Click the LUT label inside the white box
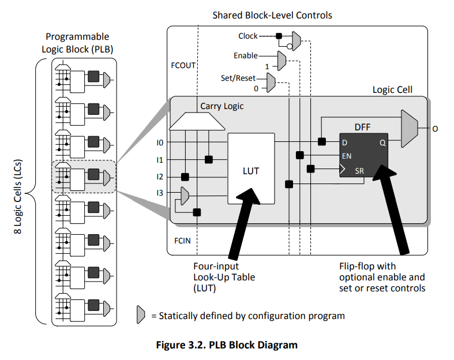coord(251,171)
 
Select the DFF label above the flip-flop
coord(362,127)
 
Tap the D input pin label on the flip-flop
coord(344,142)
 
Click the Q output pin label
coord(383,142)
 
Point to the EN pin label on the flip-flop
coord(347,156)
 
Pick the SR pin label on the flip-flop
coord(359,171)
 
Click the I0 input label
coord(160,142)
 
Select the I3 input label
coord(160,193)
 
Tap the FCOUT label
coord(183,65)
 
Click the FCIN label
coord(182,241)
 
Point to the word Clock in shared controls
coord(248,36)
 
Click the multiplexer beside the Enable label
coord(282,61)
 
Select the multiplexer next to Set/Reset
coord(271,82)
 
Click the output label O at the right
coord(435,129)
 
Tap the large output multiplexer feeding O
coord(410,128)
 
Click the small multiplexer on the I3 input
coord(185,196)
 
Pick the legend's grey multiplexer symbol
coord(141,314)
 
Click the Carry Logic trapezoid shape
coord(197,121)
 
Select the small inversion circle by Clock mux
coord(289,46)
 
